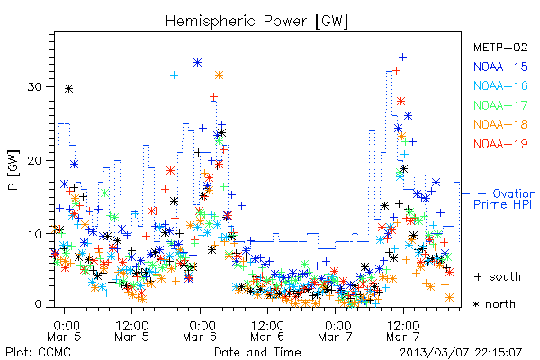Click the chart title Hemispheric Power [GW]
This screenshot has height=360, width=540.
click(256, 22)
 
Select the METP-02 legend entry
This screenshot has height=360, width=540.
click(500, 47)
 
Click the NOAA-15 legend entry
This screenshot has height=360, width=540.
click(500, 67)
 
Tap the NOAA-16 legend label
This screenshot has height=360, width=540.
click(500, 85)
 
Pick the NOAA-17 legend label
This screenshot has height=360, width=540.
click(500, 105)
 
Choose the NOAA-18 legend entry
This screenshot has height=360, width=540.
click(500, 124)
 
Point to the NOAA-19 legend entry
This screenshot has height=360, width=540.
click(500, 144)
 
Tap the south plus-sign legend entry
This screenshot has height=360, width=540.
click(498, 276)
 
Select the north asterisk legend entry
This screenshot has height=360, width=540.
click(494, 304)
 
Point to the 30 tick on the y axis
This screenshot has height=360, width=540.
click(35, 86)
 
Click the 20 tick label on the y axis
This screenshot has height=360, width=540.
click(35, 160)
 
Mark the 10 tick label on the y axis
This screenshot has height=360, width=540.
click(35, 234)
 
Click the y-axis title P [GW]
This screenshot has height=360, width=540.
click(14, 170)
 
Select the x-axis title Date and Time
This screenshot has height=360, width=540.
click(257, 352)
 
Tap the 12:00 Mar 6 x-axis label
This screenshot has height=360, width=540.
click(267, 330)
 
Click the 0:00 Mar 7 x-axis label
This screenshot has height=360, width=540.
click(335, 330)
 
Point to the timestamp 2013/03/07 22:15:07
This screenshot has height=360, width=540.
click(461, 353)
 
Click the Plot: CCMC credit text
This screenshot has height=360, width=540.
click(38, 353)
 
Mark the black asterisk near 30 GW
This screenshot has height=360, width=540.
click(69, 89)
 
